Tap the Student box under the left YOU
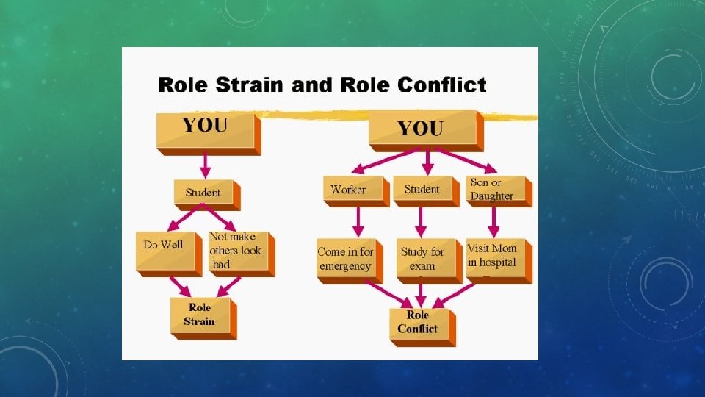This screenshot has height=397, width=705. (203, 193)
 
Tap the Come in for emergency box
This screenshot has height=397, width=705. (346, 258)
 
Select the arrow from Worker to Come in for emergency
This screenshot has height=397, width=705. (358, 220)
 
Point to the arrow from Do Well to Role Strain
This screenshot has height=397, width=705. (178, 285)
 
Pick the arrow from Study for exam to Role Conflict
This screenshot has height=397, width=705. (421, 293)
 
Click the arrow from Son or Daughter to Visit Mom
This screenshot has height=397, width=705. (494, 220)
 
